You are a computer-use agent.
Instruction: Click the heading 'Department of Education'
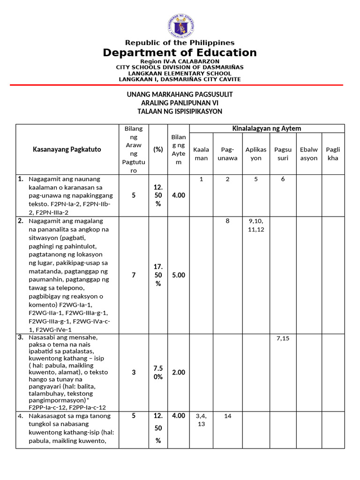click(180, 52)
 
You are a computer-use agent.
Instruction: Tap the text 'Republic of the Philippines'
click(180, 43)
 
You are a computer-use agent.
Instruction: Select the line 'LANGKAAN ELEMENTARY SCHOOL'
click(180, 73)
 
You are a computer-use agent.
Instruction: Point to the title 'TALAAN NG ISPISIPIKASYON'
click(180, 111)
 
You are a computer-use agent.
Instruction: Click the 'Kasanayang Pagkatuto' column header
click(67, 150)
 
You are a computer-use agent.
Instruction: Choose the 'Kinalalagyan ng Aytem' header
click(267, 128)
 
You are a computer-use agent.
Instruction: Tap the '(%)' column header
click(158, 150)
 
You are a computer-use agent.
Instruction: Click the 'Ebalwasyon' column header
click(309, 154)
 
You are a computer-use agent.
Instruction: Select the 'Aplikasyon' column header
click(256, 154)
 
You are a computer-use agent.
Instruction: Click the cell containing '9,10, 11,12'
click(256, 225)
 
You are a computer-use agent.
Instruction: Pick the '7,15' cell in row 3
click(283, 338)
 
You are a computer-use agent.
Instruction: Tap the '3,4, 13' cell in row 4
click(201, 420)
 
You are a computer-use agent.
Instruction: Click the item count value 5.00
click(178, 275)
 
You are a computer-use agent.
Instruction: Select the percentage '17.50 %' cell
click(158, 275)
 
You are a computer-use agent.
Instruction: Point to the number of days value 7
click(134, 275)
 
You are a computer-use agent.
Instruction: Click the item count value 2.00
click(178, 372)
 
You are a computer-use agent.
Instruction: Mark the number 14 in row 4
click(228, 416)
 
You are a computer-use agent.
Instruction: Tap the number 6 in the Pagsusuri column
click(283, 179)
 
